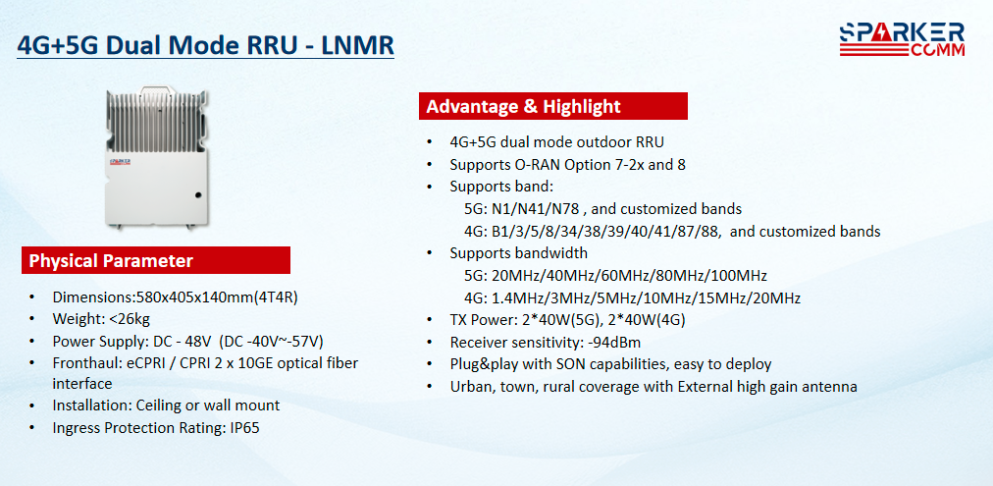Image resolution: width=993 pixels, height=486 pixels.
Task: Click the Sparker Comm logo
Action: (x=902, y=40)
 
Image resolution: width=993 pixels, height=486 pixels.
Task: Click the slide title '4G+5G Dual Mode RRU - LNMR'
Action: (x=206, y=45)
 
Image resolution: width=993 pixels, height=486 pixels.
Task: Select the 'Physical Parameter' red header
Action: (x=156, y=260)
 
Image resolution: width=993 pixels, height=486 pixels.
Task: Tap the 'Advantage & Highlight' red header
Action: (x=552, y=106)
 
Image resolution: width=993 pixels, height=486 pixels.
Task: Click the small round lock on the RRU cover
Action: (x=197, y=195)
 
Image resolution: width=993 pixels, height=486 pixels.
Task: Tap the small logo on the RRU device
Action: (x=120, y=162)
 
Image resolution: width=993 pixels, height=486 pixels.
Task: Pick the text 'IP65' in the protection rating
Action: (x=242, y=428)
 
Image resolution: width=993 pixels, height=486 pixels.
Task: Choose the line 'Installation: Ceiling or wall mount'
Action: (x=166, y=405)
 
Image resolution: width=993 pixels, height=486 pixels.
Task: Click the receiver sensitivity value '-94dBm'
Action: (x=614, y=343)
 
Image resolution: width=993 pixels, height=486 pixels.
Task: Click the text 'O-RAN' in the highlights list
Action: (x=533, y=165)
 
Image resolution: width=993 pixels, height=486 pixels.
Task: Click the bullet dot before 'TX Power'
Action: (x=430, y=321)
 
